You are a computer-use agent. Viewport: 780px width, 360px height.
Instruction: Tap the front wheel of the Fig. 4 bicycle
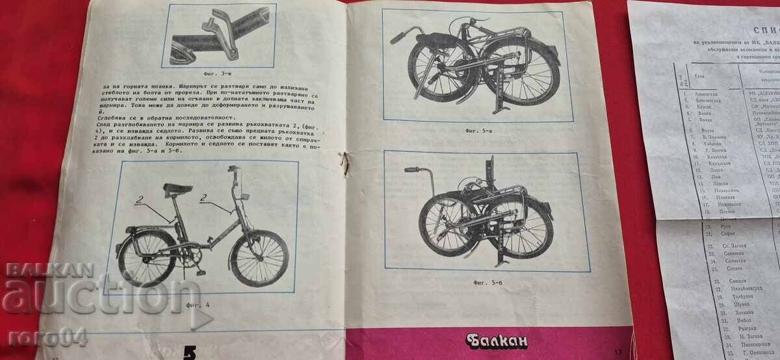259,258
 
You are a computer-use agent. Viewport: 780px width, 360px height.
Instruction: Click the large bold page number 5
190,352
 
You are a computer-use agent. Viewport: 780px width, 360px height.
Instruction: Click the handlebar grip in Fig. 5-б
411,170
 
